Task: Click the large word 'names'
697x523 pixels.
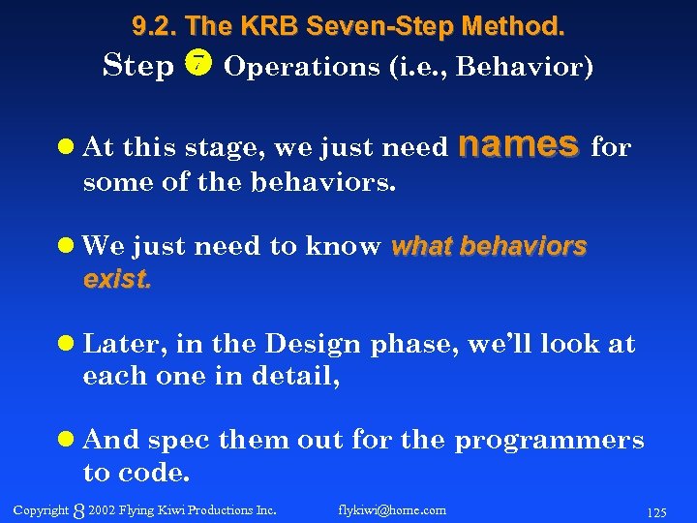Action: click(x=518, y=144)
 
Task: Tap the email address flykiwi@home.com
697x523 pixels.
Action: click(x=392, y=509)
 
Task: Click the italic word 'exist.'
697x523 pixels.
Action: click(x=118, y=280)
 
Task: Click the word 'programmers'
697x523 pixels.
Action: click(x=549, y=440)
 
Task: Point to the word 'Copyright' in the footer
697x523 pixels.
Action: click(x=42, y=509)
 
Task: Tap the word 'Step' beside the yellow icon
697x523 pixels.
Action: click(x=138, y=66)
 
